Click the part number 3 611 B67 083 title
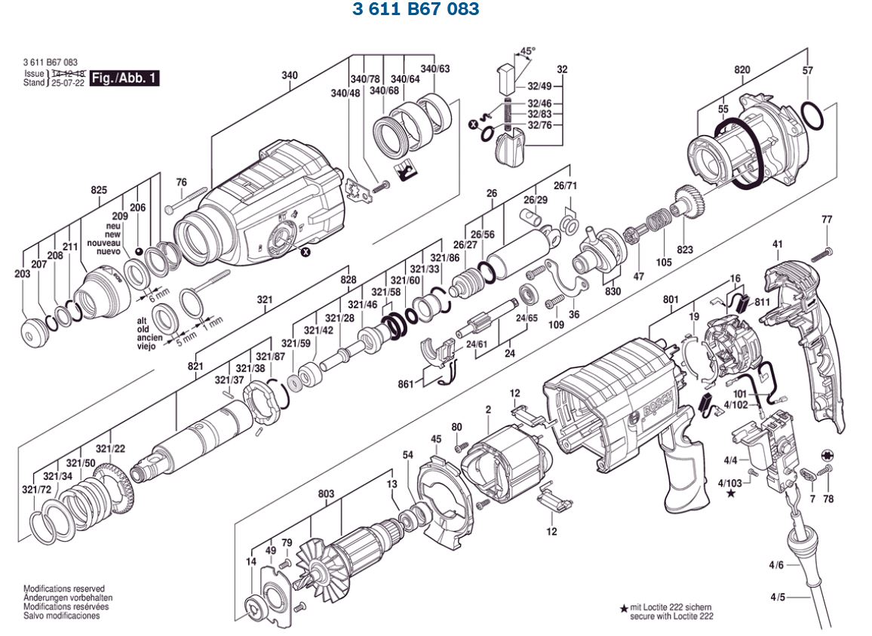tap(415, 9)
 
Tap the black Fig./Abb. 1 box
tap(124, 78)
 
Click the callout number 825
tap(99, 190)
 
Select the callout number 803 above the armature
tap(326, 494)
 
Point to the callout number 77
tap(827, 220)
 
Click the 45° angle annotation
tap(527, 51)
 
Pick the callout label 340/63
tap(434, 69)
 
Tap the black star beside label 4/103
tap(730, 494)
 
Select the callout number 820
tap(742, 69)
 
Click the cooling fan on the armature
tap(316, 565)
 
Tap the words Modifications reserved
tap(64, 588)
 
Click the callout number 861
tap(406, 385)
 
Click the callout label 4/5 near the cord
tap(777, 597)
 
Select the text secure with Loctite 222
tap(671, 616)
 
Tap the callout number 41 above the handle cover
tap(778, 244)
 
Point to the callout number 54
tap(408, 455)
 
